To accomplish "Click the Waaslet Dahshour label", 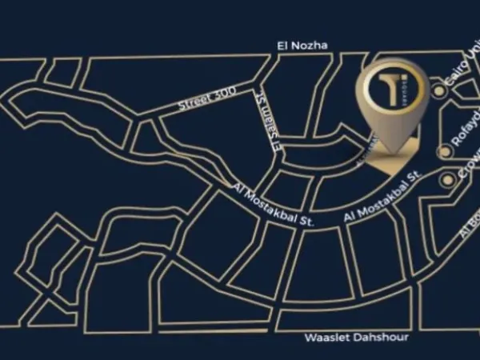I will [356, 338].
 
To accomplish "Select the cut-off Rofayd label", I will [465, 142].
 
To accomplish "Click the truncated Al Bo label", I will [470, 229].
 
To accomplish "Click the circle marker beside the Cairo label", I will [438, 91].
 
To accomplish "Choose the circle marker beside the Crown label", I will [446, 181].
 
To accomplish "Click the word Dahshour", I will [380, 338].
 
